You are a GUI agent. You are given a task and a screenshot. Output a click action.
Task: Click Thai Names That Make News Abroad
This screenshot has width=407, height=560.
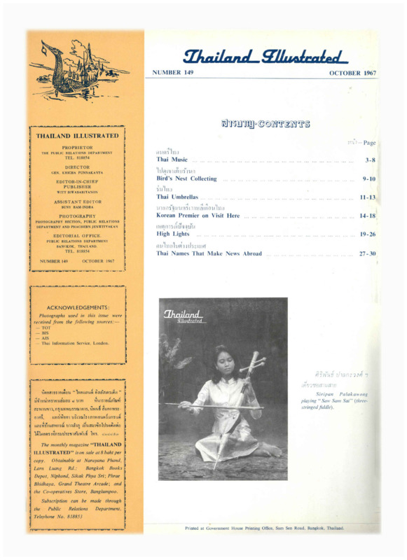tap(209, 253)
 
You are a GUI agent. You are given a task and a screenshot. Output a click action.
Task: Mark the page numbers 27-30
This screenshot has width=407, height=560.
tap(367, 253)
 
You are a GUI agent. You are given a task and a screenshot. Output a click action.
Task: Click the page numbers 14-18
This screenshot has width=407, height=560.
tap(367, 216)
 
